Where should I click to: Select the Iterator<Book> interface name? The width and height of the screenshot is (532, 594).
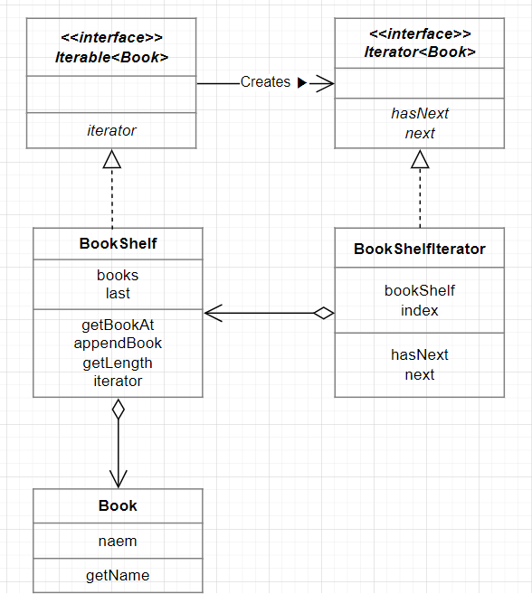(420, 52)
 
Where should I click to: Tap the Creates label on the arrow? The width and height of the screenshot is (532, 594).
(265, 82)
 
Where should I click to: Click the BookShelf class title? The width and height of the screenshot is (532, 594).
(118, 243)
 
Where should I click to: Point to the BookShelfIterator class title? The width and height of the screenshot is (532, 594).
(420, 249)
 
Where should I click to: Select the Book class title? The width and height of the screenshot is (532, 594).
(118, 505)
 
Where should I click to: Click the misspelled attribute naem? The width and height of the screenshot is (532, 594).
(118, 541)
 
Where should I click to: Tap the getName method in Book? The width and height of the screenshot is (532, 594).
(118, 575)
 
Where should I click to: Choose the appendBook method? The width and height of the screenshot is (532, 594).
(118, 343)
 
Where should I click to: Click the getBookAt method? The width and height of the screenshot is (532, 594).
(118, 324)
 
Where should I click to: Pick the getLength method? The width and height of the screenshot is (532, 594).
(118, 363)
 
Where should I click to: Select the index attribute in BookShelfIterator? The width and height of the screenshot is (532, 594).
(419, 310)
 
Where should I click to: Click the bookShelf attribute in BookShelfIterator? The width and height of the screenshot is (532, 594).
(419, 290)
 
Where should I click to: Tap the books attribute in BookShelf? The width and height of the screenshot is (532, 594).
(118, 275)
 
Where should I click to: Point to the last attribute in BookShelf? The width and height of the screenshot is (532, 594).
(118, 293)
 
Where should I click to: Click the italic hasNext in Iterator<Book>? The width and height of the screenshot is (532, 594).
(420, 113)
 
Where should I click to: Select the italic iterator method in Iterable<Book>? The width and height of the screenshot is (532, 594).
(112, 130)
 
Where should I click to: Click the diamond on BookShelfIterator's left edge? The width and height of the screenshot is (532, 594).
(323, 314)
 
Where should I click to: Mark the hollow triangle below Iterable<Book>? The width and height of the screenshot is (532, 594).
(112, 160)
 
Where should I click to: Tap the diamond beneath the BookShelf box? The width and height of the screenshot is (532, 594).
(118, 409)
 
